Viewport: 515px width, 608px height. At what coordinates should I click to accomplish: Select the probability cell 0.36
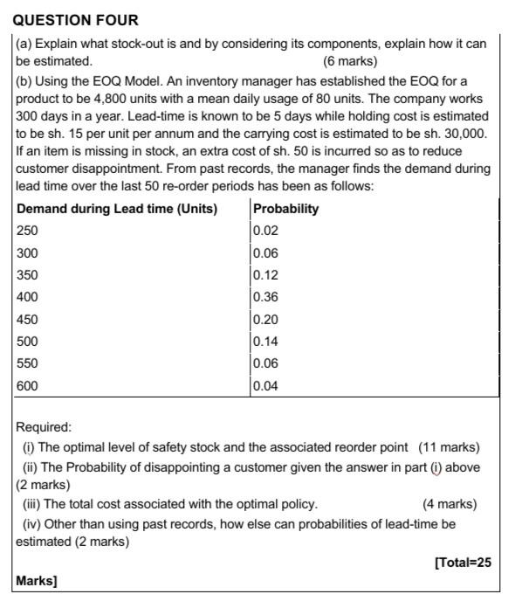[x=265, y=297]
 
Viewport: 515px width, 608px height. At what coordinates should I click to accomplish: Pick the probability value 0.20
[x=265, y=320]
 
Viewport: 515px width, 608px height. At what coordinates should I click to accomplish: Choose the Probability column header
[x=285, y=209]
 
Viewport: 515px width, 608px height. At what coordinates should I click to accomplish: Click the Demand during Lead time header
[x=117, y=209]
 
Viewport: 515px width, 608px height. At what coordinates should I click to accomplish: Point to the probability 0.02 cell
[x=265, y=231]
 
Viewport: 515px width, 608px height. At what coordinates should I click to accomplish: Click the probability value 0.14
[x=265, y=342]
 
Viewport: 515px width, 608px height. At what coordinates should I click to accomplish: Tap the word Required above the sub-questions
[x=44, y=428]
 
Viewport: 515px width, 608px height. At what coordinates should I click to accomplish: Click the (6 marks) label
[x=350, y=62]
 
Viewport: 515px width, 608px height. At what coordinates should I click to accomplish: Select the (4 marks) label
[x=450, y=504]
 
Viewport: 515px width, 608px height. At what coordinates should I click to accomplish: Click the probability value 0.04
[x=265, y=385]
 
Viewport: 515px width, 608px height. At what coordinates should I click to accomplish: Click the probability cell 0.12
[x=265, y=275]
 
